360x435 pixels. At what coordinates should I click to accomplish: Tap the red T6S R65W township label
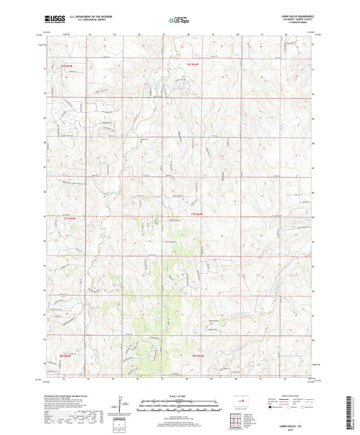pos(66,66)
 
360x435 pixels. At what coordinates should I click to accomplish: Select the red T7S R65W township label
pos(66,218)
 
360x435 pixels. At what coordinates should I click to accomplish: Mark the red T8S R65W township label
pos(66,355)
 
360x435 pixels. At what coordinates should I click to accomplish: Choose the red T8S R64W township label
pos(197,355)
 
